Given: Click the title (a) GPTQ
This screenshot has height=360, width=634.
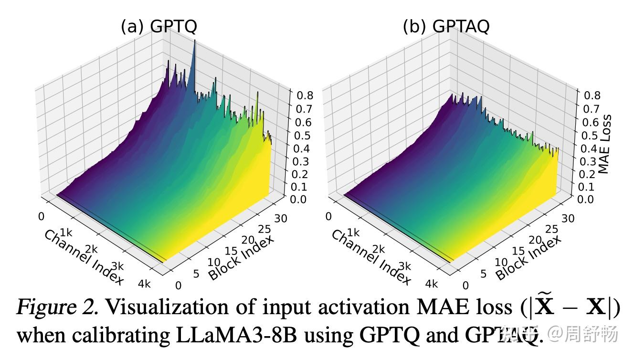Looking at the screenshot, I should pyautogui.click(x=158, y=26).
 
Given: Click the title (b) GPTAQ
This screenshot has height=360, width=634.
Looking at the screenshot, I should pyautogui.click(x=446, y=26).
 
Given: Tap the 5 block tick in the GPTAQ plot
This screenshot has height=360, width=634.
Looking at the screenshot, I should pyautogui.click(x=483, y=274).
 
